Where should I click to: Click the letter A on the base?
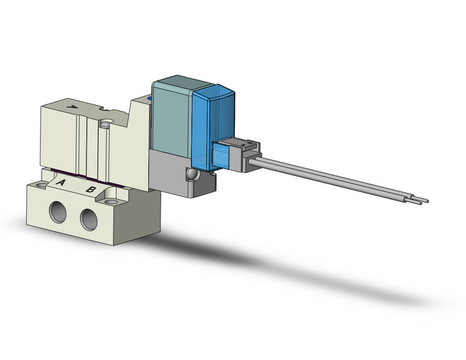coord(61,182)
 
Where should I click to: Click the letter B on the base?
coord(90,189)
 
